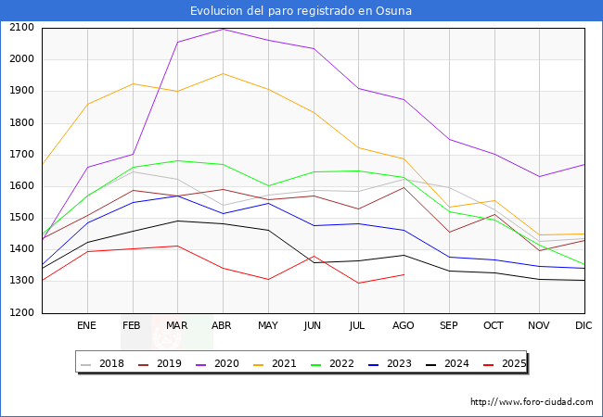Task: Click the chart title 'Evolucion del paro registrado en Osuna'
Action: pyautogui.click(x=301, y=11)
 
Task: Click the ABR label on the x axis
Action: pyautogui.click(x=223, y=325)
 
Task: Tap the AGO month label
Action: pyautogui.click(x=404, y=325)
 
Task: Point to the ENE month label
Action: pyautogui.click(x=86, y=325)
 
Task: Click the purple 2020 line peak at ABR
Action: pyautogui.click(x=223, y=29)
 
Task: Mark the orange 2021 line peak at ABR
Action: pyautogui.click(x=223, y=73)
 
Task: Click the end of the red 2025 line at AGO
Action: pyautogui.click(x=404, y=274)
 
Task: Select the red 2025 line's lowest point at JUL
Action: pyautogui.click(x=358, y=283)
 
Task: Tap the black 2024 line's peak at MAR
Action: pyautogui.click(x=177, y=221)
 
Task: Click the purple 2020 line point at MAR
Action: pyautogui.click(x=177, y=42)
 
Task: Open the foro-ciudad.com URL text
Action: pyautogui.click(x=532, y=402)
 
